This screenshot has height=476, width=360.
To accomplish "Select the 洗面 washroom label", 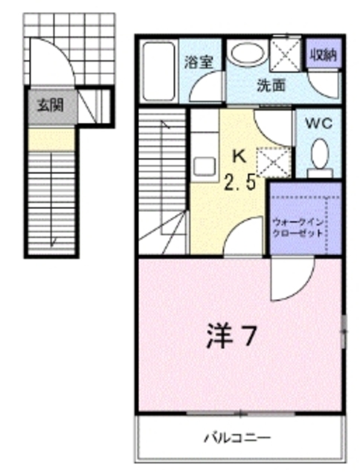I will (271, 85).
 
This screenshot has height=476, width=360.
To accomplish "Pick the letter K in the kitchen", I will (239, 156).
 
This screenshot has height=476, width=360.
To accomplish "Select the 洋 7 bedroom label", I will (231, 337).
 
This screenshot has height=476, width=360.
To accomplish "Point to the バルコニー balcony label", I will (238, 437).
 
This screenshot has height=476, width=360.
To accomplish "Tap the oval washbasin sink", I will (245, 54).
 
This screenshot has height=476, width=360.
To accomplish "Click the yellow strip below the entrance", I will (51, 138).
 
